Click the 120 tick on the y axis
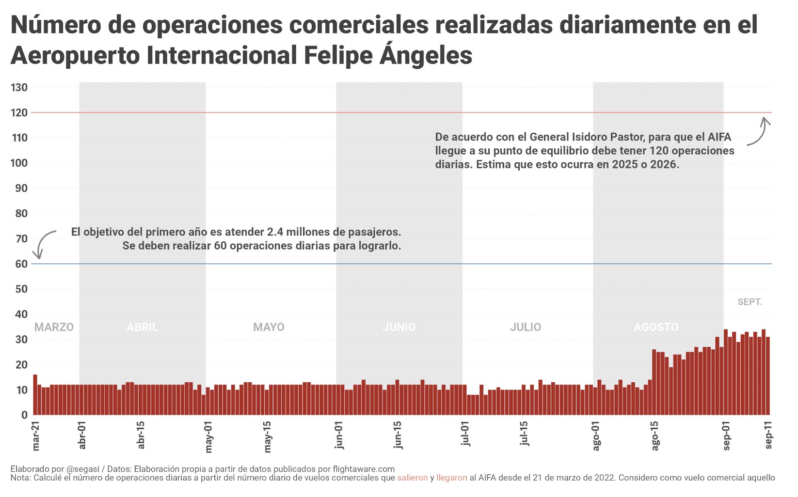[19, 113]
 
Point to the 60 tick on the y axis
[21, 264]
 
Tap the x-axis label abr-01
[82, 435]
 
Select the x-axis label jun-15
[398, 435]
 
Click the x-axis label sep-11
[769, 435]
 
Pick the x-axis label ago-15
[655, 435]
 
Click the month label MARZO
[54, 327]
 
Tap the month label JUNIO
[399, 327]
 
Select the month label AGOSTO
[656, 327]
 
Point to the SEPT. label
[750, 302]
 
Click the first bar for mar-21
[35, 395]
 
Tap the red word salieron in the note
[412, 478]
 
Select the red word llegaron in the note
[451, 478]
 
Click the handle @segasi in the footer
[82, 469]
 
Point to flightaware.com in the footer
[364, 469]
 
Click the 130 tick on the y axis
[19, 88]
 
